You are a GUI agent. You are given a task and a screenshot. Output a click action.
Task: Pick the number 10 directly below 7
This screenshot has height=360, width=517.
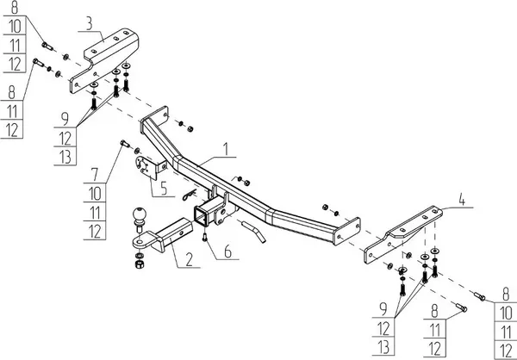pos(94,194)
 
